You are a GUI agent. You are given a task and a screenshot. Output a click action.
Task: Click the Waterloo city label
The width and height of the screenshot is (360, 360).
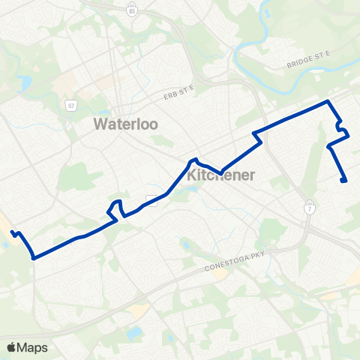(125, 124)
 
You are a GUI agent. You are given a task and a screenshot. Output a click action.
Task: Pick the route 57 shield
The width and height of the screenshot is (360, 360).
(70, 106)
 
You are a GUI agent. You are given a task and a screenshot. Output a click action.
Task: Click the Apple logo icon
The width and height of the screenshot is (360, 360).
(10, 347)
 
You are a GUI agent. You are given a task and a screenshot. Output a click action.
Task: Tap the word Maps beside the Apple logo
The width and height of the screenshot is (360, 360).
(33, 347)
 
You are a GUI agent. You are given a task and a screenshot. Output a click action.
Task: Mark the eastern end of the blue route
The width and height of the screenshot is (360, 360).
(343, 180)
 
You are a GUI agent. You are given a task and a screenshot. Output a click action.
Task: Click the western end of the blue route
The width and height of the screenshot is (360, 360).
(13, 233)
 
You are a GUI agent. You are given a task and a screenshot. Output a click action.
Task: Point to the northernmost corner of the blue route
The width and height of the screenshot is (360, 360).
(328, 101)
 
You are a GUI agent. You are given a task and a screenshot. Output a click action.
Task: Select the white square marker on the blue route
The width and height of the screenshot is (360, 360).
(151, 199)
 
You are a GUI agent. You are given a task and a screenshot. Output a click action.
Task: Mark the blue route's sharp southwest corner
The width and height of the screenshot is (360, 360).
(34, 257)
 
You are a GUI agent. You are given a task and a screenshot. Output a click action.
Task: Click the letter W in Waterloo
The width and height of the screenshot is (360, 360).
(100, 124)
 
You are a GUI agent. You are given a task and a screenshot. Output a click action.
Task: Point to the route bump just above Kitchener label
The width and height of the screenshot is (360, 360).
(193, 160)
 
